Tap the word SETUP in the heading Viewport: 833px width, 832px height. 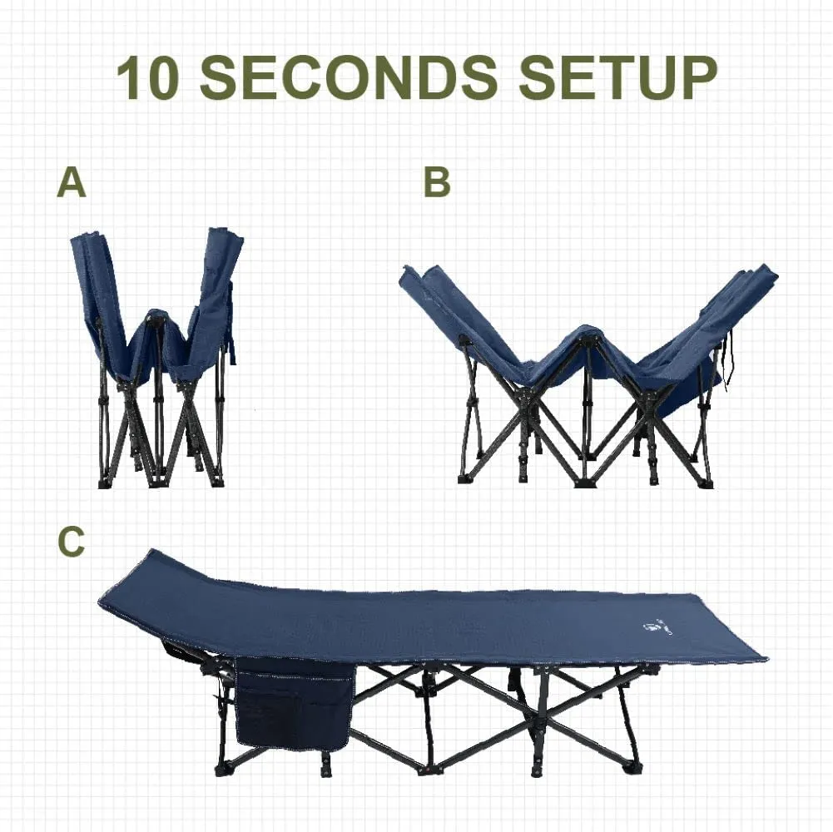click(x=617, y=78)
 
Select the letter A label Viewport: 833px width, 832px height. click(x=72, y=182)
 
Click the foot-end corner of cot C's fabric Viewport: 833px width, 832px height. click(x=765, y=656)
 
